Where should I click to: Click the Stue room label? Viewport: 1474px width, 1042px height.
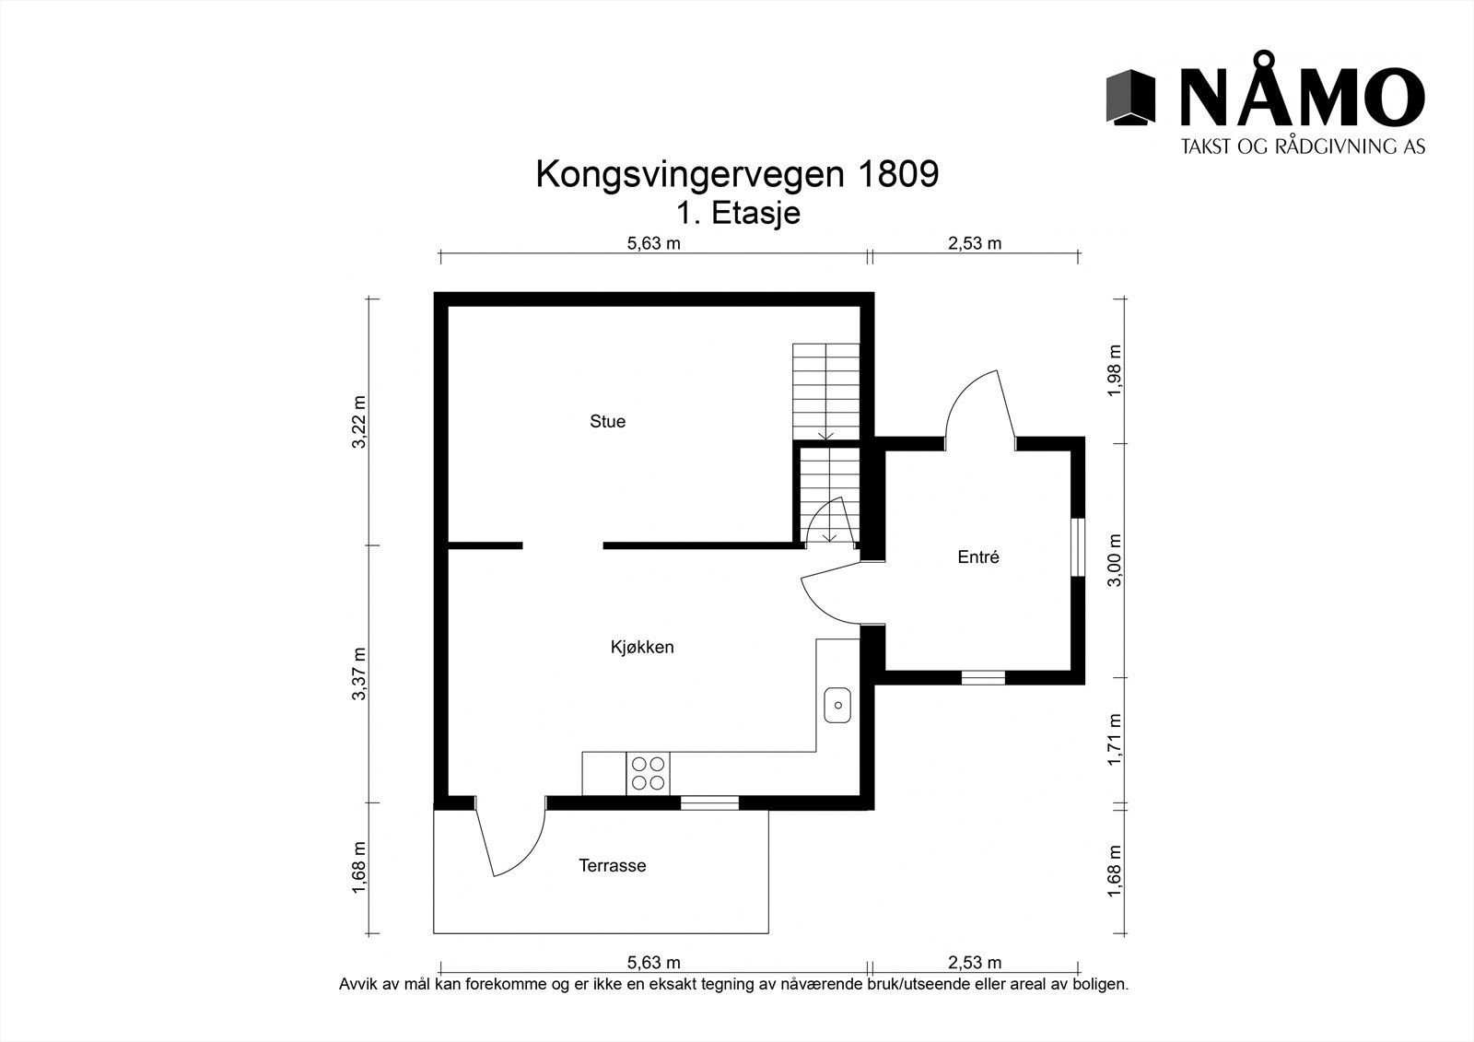click(x=607, y=422)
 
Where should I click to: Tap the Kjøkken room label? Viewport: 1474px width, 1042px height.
click(x=642, y=648)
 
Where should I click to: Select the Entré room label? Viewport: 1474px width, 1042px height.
click(x=978, y=557)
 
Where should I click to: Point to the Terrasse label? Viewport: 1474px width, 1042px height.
click(x=613, y=866)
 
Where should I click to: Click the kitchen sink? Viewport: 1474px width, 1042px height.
click(x=837, y=706)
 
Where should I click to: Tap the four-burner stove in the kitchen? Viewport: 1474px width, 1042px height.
click(x=648, y=773)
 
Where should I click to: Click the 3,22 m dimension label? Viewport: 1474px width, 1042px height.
click(x=359, y=423)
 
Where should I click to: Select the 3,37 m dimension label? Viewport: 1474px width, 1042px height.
click(x=359, y=673)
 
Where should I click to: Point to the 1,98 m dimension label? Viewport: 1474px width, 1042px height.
click(x=1115, y=370)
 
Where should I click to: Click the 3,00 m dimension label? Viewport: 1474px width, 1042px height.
click(x=1115, y=560)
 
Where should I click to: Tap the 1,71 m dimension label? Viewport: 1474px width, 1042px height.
click(x=1115, y=740)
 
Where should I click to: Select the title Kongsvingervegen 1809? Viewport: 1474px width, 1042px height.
click(x=737, y=174)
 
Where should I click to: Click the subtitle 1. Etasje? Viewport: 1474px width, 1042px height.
click(x=737, y=214)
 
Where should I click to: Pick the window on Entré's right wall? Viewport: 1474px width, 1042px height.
click(x=1078, y=549)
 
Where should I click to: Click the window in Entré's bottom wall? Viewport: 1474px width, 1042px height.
click(x=983, y=678)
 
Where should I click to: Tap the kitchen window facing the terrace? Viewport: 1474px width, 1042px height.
click(x=709, y=803)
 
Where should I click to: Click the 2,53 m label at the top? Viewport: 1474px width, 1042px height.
click(x=974, y=244)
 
